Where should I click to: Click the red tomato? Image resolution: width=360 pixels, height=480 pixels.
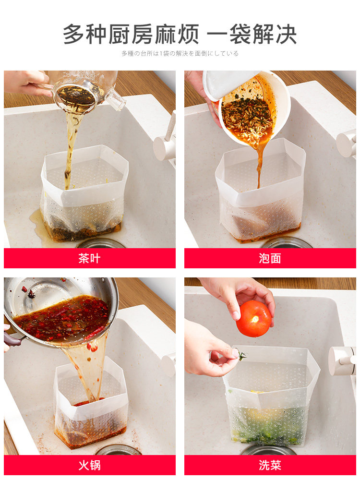[x=253, y=319]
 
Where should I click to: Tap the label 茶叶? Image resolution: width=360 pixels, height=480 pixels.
[x=89, y=258]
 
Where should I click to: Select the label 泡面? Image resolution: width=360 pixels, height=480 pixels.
[x=270, y=258]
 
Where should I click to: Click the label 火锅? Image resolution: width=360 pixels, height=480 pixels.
[x=89, y=465]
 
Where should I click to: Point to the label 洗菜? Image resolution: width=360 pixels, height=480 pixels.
[x=270, y=465]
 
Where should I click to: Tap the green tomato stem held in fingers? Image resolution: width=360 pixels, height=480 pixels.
[x=242, y=355]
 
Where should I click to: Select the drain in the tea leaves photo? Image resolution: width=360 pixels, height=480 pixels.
[x=101, y=244]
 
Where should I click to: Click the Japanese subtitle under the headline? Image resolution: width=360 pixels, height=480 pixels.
[x=180, y=54]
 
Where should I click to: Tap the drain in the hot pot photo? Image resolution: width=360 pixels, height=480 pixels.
[x=119, y=450]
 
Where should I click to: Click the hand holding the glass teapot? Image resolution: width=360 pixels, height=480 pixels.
[x=27, y=82]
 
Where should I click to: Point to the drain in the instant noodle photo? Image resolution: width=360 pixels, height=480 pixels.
[x=287, y=242]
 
